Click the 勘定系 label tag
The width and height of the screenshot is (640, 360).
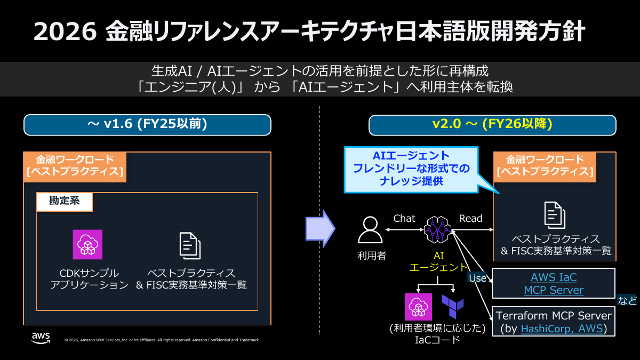click(x=64, y=202)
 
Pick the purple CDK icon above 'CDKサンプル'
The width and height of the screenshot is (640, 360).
click(x=87, y=244)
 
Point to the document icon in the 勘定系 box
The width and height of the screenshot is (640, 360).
click(x=189, y=246)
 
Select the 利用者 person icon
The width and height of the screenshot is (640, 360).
click(x=370, y=230)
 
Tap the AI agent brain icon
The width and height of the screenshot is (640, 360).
click(x=438, y=230)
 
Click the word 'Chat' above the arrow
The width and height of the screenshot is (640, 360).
click(x=404, y=218)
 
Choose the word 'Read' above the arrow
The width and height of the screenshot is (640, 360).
click(x=470, y=218)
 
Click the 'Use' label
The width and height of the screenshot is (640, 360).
click(x=477, y=278)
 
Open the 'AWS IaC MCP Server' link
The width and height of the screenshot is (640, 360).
click(x=554, y=284)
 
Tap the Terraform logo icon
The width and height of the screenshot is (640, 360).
click(x=452, y=306)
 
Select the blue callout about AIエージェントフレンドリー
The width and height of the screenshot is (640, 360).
click(x=410, y=169)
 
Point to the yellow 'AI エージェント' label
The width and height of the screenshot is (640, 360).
click(x=438, y=261)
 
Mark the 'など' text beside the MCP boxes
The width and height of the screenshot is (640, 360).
click(x=627, y=300)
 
